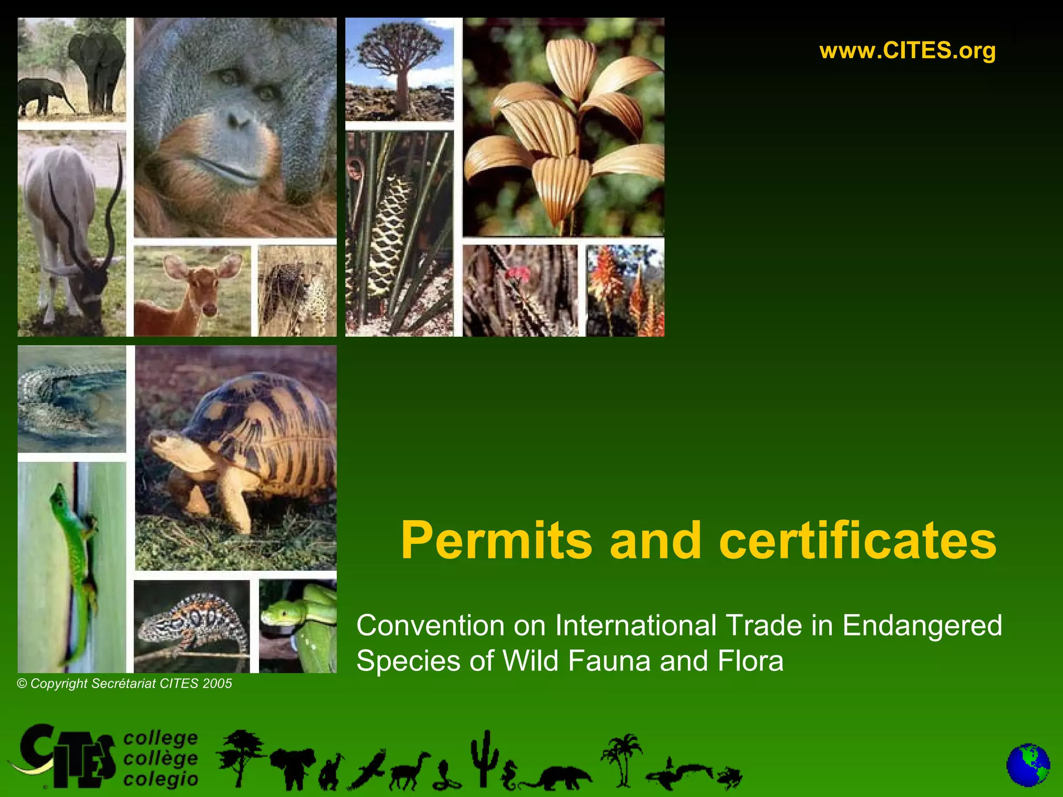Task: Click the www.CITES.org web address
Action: [907, 51]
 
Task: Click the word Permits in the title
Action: [496, 541]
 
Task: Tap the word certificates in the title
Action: [857, 541]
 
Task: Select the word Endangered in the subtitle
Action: [922, 625]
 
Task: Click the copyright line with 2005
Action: [125, 683]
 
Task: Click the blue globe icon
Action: [1028, 765]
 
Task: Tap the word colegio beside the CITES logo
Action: [161, 779]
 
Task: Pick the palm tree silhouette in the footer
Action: [622, 758]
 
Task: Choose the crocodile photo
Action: [72, 398]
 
